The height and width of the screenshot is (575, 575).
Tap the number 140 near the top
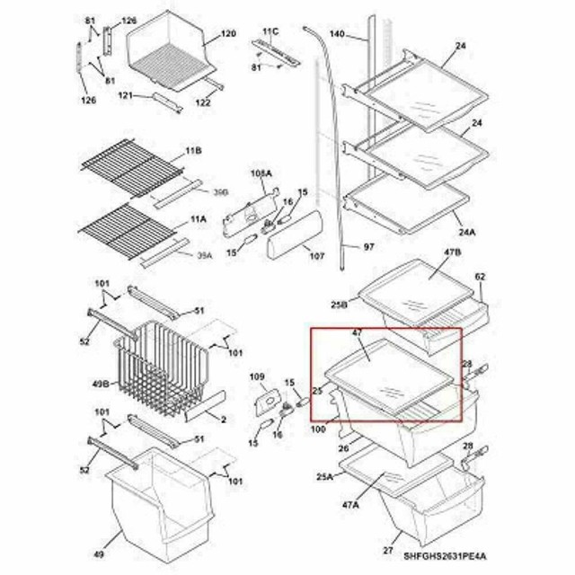[337, 34]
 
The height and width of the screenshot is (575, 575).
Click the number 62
[480, 277]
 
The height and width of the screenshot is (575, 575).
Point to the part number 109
[257, 376]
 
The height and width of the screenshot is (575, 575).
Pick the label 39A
[204, 256]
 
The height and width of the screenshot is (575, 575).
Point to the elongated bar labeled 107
[293, 234]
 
